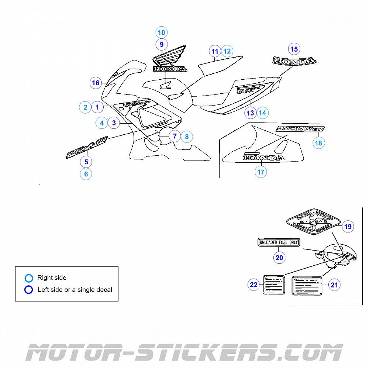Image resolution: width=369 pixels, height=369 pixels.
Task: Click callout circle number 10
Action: click(161, 32)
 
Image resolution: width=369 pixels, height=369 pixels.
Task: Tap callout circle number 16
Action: click(96, 83)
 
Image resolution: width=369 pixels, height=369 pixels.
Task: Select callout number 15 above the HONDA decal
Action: click(294, 49)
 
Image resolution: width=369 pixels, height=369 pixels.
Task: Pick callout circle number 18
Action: click(319, 143)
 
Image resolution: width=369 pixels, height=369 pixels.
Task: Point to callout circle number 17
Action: click(261, 172)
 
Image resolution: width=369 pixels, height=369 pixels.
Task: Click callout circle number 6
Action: click(86, 174)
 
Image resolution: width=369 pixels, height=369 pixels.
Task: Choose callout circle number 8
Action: click(187, 137)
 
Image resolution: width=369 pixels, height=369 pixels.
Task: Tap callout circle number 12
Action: click(227, 51)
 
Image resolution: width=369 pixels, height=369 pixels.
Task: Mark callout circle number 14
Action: click(262, 113)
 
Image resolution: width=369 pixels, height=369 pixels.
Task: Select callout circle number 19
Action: click(348, 227)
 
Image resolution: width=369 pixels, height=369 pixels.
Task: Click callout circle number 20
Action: click(279, 258)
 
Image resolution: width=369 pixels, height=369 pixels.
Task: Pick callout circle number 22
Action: click(254, 284)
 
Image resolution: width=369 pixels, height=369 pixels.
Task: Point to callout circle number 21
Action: click(334, 285)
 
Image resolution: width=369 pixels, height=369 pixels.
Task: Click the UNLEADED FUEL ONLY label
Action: click(279, 242)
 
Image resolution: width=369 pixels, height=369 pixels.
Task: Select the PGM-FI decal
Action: click(86, 148)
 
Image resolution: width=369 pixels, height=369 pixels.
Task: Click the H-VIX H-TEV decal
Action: click(300, 129)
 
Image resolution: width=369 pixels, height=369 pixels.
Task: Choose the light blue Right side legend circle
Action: click(29, 278)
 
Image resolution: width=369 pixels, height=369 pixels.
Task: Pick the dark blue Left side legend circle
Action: click(29, 290)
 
